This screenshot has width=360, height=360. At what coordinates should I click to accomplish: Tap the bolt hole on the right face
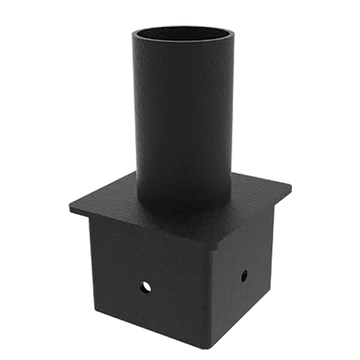tap(244, 276)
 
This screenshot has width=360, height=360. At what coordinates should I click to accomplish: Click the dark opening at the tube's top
tap(183, 37)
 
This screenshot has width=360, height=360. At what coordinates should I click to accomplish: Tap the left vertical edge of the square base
tap(90, 264)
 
